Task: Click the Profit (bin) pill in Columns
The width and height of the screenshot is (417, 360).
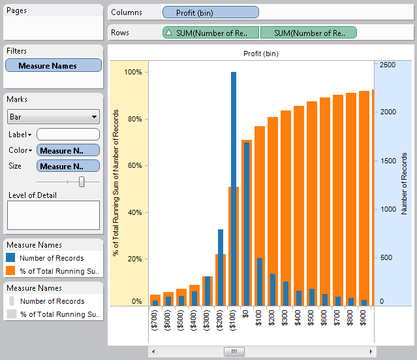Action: [x=210, y=12]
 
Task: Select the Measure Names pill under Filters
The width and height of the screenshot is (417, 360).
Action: [x=53, y=65]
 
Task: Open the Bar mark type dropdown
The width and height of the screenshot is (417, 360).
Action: [x=53, y=117]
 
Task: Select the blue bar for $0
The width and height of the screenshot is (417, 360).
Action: [x=246, y=222]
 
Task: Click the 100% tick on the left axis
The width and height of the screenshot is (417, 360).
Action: [x=133, y=72]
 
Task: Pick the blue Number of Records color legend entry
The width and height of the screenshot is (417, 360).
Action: [x=51, y=258]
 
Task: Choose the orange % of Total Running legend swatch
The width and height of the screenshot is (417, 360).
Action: [x=10, y=270]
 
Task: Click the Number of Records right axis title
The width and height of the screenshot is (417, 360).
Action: [x=404, y=183]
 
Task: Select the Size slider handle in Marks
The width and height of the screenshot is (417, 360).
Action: [x=82, y=182]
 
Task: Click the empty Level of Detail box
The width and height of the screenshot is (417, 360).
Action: [x=53, y=215]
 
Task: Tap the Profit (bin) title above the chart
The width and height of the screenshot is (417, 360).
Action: [x=260, y=54]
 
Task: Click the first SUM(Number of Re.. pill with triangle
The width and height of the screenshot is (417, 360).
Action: [x=210, y=33]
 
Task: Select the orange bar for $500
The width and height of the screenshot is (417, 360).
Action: [x=312, y=203]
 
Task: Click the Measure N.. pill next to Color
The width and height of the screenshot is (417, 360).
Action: [x=68, y=150]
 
